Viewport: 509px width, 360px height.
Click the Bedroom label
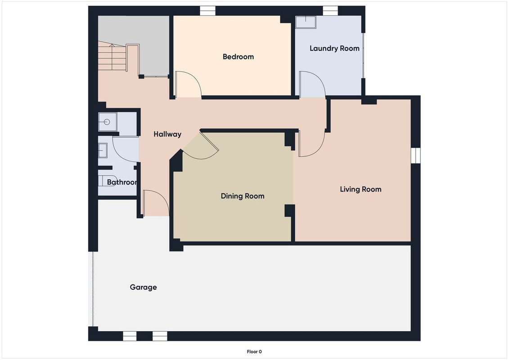(x=238, y=57)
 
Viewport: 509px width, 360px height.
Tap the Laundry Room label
(x=334, y=48)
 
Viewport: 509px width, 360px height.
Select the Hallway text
(x=167, y=134)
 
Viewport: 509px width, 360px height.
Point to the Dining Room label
(x=243, y=196)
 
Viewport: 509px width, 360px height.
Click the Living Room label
(x=360, y=189)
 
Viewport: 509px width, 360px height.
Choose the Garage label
(x=143, y=287)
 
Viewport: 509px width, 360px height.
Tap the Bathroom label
(x=122, y=182)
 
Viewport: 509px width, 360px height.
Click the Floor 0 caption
(x=254, y=351)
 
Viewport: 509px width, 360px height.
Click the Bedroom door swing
(x=188, y=85)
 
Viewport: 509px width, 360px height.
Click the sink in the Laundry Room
(x=306, y=22)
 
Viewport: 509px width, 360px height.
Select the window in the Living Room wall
(x=415, y=156)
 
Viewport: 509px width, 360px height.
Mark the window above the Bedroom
(x=208, y=11)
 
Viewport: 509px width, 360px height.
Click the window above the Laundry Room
(x=330, y=11)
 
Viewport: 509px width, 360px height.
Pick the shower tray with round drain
(x=108, y=122)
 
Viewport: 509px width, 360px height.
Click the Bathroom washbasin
(x=103, y=151)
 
